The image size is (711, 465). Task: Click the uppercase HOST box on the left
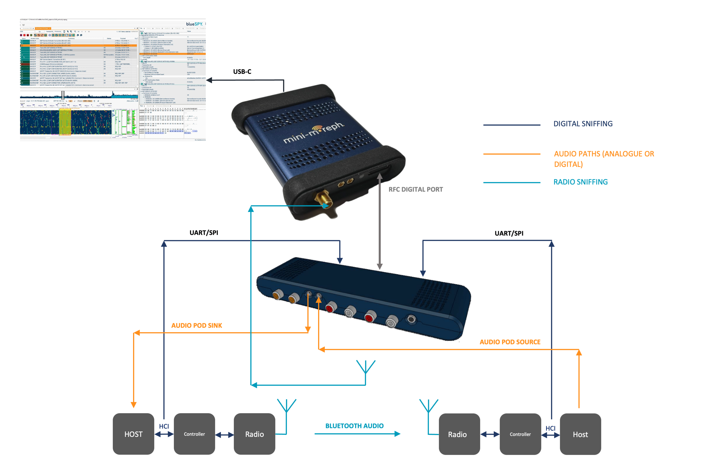[133, 434]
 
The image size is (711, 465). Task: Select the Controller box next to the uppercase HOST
[194, 434]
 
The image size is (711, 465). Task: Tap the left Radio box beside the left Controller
[254, 434]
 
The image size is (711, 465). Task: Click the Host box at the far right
[580, 434]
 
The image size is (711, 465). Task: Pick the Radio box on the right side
[459, 434]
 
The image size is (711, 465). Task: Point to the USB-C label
[242, 71]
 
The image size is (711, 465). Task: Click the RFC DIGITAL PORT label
[415, 189]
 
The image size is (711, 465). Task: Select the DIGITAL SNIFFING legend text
[583, 124]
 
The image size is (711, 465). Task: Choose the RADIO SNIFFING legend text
[580, 182]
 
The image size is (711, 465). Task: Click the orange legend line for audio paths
[512, 154]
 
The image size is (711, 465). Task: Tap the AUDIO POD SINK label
[197, 325]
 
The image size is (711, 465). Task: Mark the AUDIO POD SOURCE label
[510, 342]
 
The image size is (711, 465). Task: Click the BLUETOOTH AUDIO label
[354, 426]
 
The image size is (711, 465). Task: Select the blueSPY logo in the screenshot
[194, 24]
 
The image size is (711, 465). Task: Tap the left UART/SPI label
[204, 232]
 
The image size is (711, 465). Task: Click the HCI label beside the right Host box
[550, 428]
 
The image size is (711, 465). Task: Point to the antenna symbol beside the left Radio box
[286, 406]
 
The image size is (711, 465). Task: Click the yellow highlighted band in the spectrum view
[65, 122]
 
